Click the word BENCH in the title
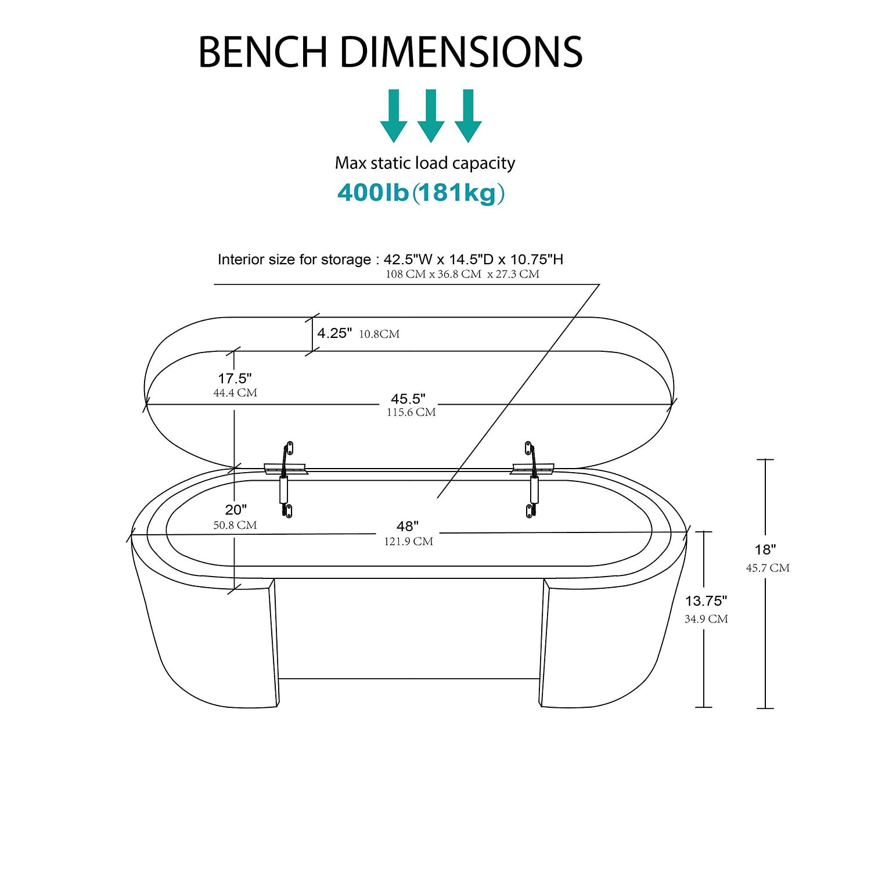(264, 52)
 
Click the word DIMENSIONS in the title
(462, 52)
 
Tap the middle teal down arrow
(431, 116)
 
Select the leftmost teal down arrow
(394, 116)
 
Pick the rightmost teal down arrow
(468, 116)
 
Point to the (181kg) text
(459, 193)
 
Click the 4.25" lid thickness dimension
(334, 333)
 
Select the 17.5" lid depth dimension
(235, 379)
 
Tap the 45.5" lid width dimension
(408, 399)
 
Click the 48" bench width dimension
(408, 526)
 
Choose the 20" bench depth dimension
(236, 510)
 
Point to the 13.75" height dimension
(706, 601)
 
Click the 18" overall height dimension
(765, 549)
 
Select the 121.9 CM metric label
(408, 542)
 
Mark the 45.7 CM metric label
(768, 568)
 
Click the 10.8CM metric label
(379, 334)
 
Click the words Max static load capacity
(425, 163)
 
